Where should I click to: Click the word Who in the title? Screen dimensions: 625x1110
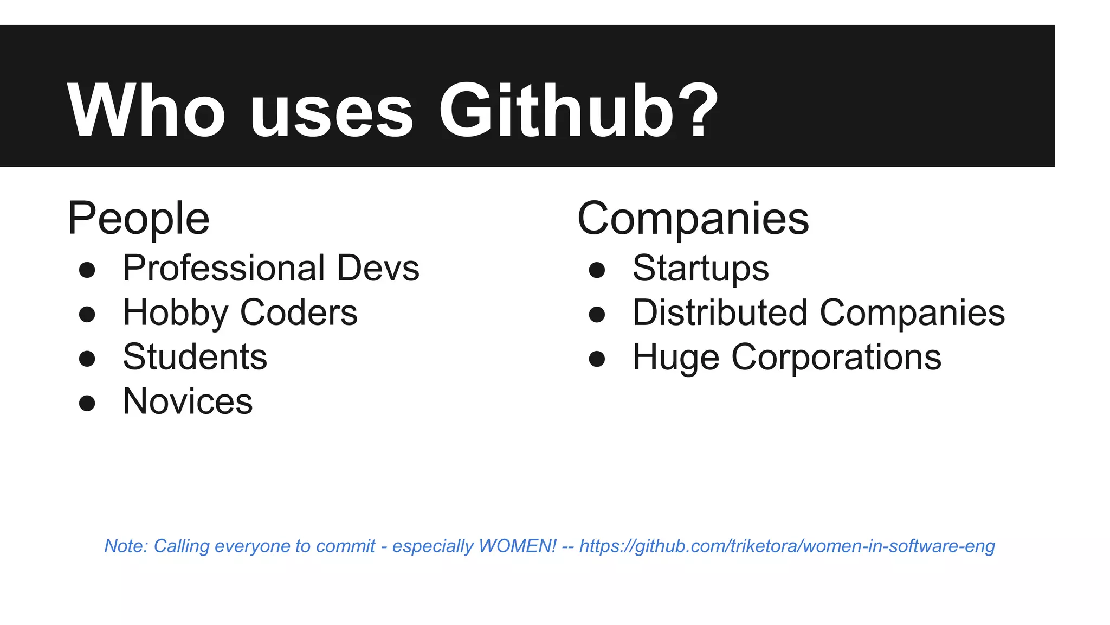pos(145,111)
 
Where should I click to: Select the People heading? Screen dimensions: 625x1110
pos(138,219)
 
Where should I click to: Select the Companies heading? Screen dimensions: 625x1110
pos(693,219)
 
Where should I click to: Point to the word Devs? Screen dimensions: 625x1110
pos(378,269)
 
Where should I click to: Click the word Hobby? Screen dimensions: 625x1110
pos(176,314)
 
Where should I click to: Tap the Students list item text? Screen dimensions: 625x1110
pos(195,358)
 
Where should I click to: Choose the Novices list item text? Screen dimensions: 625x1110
pos(188,402)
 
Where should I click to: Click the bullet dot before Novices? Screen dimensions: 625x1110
pos(87,403)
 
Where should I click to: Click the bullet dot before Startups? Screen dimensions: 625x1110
pos(597,270)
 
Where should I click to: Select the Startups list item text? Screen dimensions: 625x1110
pos(700,269)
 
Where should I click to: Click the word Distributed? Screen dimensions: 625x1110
pos(720,313)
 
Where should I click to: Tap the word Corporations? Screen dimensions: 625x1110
pos(836,358)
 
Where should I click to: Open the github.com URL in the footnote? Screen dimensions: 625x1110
pos(787,546)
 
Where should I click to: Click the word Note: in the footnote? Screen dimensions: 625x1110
pos(126,546)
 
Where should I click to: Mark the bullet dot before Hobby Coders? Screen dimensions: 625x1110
pos(87,314)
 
